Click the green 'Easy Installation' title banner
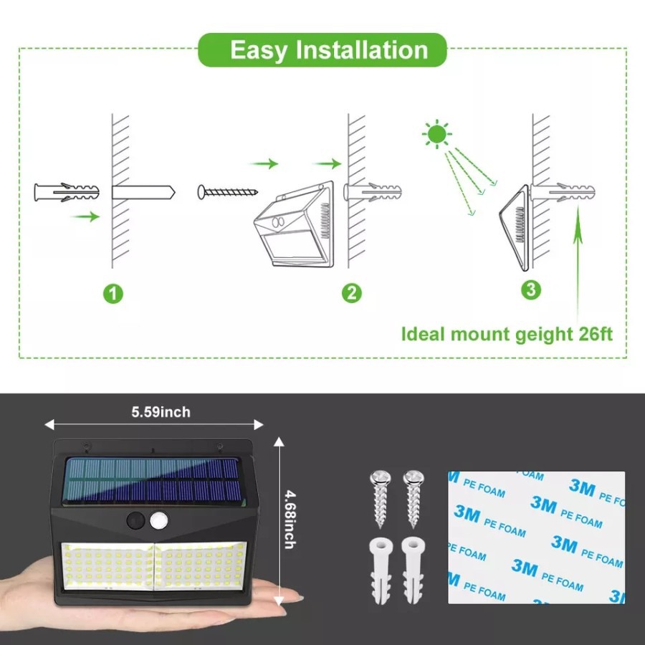point(322,49)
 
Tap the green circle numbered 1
point(113,294)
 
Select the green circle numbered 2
point(352,293)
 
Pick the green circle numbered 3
point(531,290)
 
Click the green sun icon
point(437,134)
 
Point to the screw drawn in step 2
point(227,192)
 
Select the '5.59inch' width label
point(161,412)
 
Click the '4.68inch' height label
point(290,520)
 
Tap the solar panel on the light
point(152,481)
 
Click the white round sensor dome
point(159,521)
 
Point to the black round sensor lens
point(135,521)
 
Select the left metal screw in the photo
point(380,499)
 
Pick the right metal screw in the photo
point(414,499)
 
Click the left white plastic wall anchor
point(381,570)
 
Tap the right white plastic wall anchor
point(413,570)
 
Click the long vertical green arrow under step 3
point(578,263)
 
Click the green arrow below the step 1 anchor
point(85,216)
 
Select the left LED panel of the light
point(107,567)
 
